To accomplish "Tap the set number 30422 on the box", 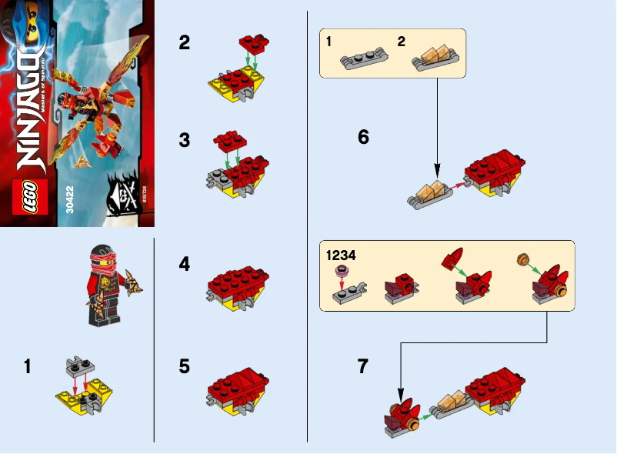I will point(72,202).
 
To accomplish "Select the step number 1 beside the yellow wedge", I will point(27,368).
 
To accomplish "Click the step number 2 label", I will point(184,42).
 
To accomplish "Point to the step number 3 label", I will point(184,141).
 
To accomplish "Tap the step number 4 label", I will point(184,264).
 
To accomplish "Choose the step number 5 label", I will point(184,366).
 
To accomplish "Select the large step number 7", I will point(364,367).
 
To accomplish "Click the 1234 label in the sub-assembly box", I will point(341,255).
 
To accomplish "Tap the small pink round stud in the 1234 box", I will point(341,271).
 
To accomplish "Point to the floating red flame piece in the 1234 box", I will point(452,259).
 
